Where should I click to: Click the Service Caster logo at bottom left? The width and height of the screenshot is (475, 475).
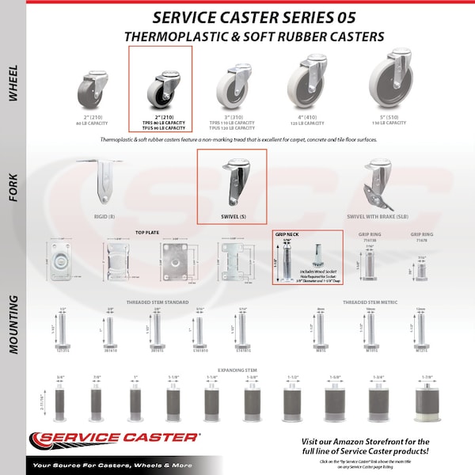tap(115, 438)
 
